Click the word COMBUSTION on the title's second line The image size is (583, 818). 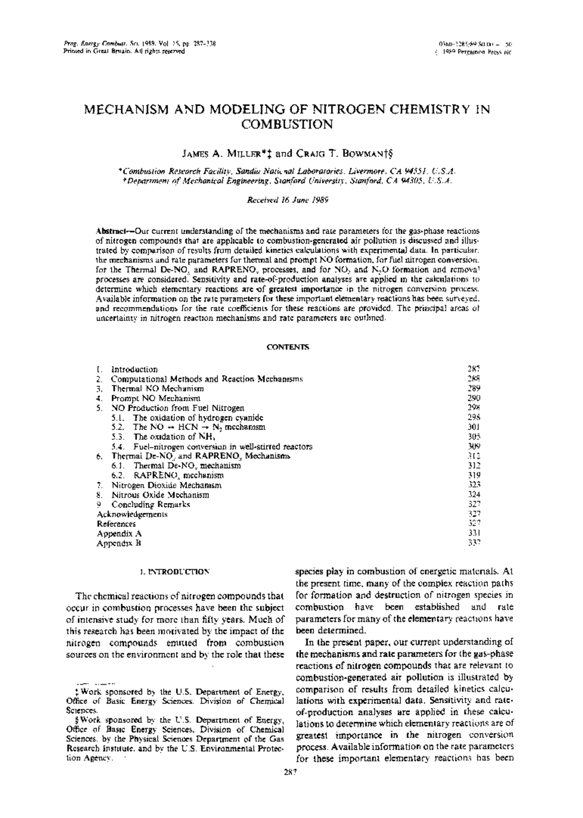[287, 124]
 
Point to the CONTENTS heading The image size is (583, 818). [288, 347]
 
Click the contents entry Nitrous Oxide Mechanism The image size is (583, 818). [160, 495]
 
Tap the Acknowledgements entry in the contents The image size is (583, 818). [132, 514]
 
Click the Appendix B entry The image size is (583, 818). [119, 543]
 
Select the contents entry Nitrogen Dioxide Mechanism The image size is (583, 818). [167, 485]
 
